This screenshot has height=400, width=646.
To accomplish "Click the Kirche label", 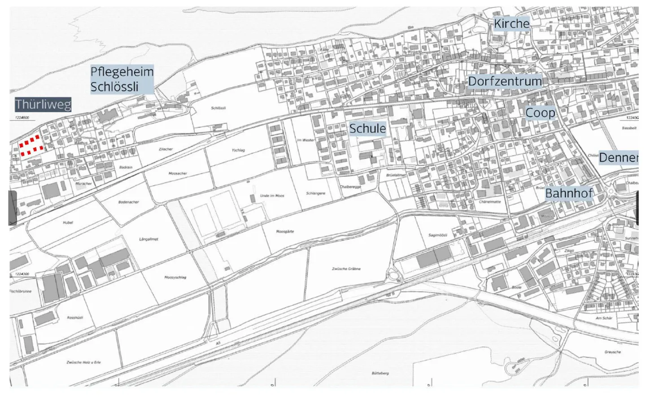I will point(511,23).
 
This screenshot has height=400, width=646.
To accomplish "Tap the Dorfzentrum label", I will point(505,81).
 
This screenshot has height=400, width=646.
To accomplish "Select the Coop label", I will point(540,113).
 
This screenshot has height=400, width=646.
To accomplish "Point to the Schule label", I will point(367,129).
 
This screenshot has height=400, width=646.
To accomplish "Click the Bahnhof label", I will point(569,193).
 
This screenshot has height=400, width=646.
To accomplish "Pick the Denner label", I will point(618,157).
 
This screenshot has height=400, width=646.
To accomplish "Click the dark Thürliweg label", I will point(43,105).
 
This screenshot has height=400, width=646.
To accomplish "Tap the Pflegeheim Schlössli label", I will point(122,79).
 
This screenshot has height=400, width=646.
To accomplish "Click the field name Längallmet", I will point(148,239).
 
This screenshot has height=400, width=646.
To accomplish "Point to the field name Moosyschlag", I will point(175,278).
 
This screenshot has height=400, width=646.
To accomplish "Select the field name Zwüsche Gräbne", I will point(346,269).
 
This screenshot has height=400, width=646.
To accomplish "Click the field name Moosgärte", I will point(285,232).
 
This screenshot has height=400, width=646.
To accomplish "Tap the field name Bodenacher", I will point(128,202).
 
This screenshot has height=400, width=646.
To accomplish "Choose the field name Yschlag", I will point(238,150).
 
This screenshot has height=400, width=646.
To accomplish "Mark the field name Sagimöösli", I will point(437,235).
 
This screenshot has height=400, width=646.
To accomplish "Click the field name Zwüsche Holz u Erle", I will point(83,362).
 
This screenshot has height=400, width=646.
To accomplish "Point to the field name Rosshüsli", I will point(74,317).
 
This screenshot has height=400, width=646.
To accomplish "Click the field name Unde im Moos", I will point(272,196).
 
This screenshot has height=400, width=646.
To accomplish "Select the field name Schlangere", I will point(315,193).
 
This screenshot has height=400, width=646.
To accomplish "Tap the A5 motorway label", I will point(218,343).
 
